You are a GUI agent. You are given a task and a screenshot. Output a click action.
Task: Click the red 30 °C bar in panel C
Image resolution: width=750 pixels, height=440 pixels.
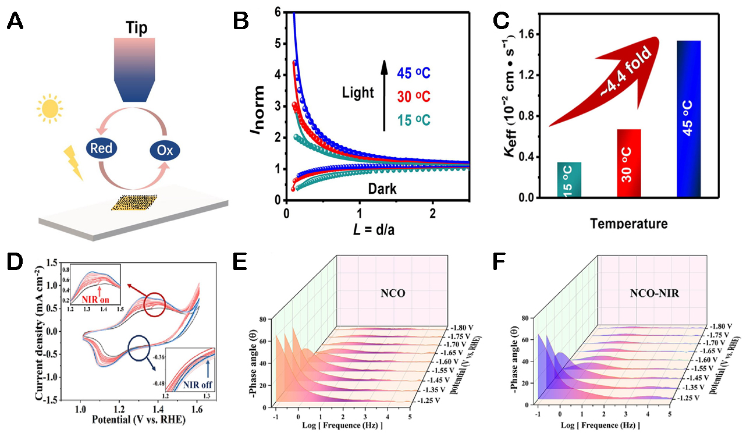[x=628, y=163]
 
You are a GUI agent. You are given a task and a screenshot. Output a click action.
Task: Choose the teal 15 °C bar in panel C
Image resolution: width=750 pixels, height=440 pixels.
[x=568, y=180]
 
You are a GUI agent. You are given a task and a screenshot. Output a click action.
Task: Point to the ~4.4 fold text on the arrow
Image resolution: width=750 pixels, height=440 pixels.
[x=616, y=79]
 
